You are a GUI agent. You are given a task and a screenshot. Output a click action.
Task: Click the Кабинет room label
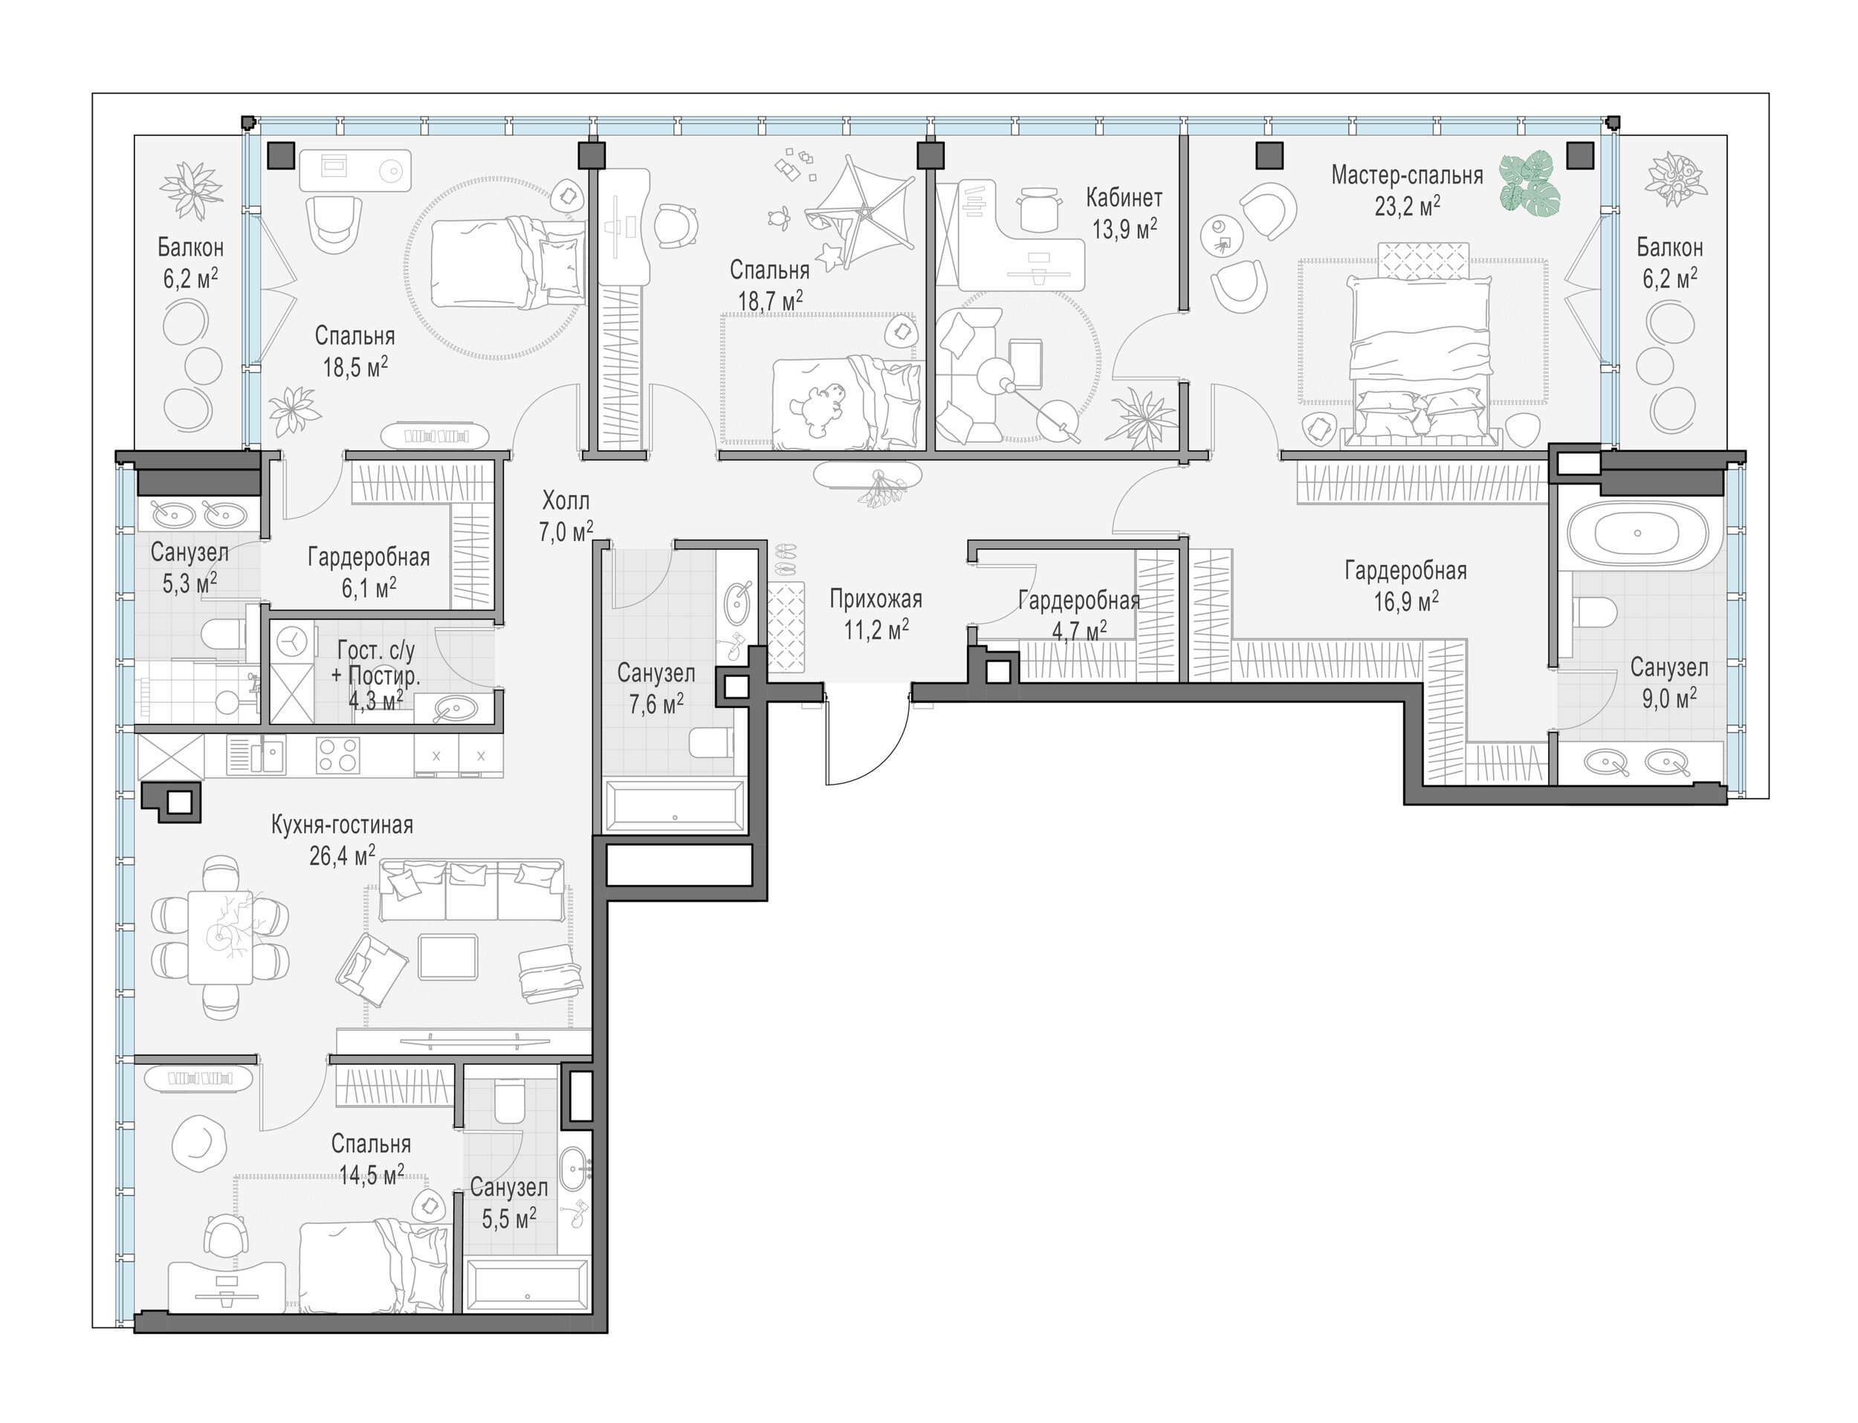[1124, 198]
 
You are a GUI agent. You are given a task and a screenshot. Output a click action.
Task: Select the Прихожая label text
[875, 600]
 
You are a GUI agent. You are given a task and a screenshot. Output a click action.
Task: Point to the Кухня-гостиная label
[343, 825]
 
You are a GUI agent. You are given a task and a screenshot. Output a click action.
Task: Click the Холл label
[566, 501]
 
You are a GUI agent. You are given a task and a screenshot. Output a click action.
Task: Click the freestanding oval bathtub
[1637, 534]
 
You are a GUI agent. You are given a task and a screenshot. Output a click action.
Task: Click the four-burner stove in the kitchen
[338, 756]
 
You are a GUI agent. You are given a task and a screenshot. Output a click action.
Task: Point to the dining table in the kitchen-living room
[220, 937]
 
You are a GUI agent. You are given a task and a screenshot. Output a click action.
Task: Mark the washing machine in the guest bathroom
[292, 643]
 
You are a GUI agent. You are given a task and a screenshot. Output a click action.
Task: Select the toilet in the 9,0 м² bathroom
[1596, 612]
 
